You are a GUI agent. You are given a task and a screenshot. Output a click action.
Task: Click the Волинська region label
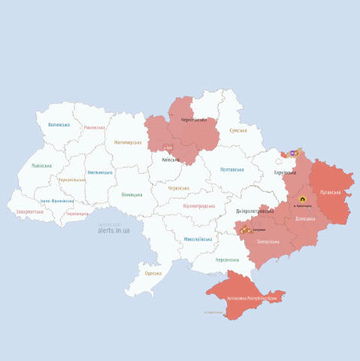click(x=59, y=125)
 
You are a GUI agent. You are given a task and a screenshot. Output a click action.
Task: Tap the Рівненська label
click(x=95, y=128)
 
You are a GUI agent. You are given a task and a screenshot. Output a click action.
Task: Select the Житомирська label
click(x=127, y=142)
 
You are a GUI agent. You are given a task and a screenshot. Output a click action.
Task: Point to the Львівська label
click(x=42, y=165)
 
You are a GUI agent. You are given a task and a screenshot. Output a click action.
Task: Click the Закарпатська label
click(x=29, y=212)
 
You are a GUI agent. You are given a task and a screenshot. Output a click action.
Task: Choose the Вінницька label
click(x=132, y=194)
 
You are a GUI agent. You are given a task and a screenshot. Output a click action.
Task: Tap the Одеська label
click(x=153, y=273)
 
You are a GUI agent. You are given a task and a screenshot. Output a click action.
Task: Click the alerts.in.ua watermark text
click(x=113, y=230)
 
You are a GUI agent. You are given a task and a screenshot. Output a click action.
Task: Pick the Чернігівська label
click(x=193, y=120)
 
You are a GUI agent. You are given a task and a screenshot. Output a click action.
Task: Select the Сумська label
click(x=238, y=130)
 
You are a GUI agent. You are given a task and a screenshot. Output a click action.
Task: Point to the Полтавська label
click(x=231, y=170)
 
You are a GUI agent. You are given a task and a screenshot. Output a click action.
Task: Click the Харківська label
click(x=285, y=173)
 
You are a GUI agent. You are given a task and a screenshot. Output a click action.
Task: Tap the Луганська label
click(x=331, y=193)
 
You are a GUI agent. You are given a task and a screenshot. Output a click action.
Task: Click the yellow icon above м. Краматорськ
click(x=302, y=199)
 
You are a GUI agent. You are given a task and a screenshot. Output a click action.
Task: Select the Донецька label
click(x=305, y=219)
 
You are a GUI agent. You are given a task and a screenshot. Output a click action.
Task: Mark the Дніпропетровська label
click(x=253, y=211)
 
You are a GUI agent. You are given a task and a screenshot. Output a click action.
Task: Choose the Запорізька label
click(x=268, y=241)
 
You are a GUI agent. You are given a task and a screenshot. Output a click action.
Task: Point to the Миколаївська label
click(x=197, y=239)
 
